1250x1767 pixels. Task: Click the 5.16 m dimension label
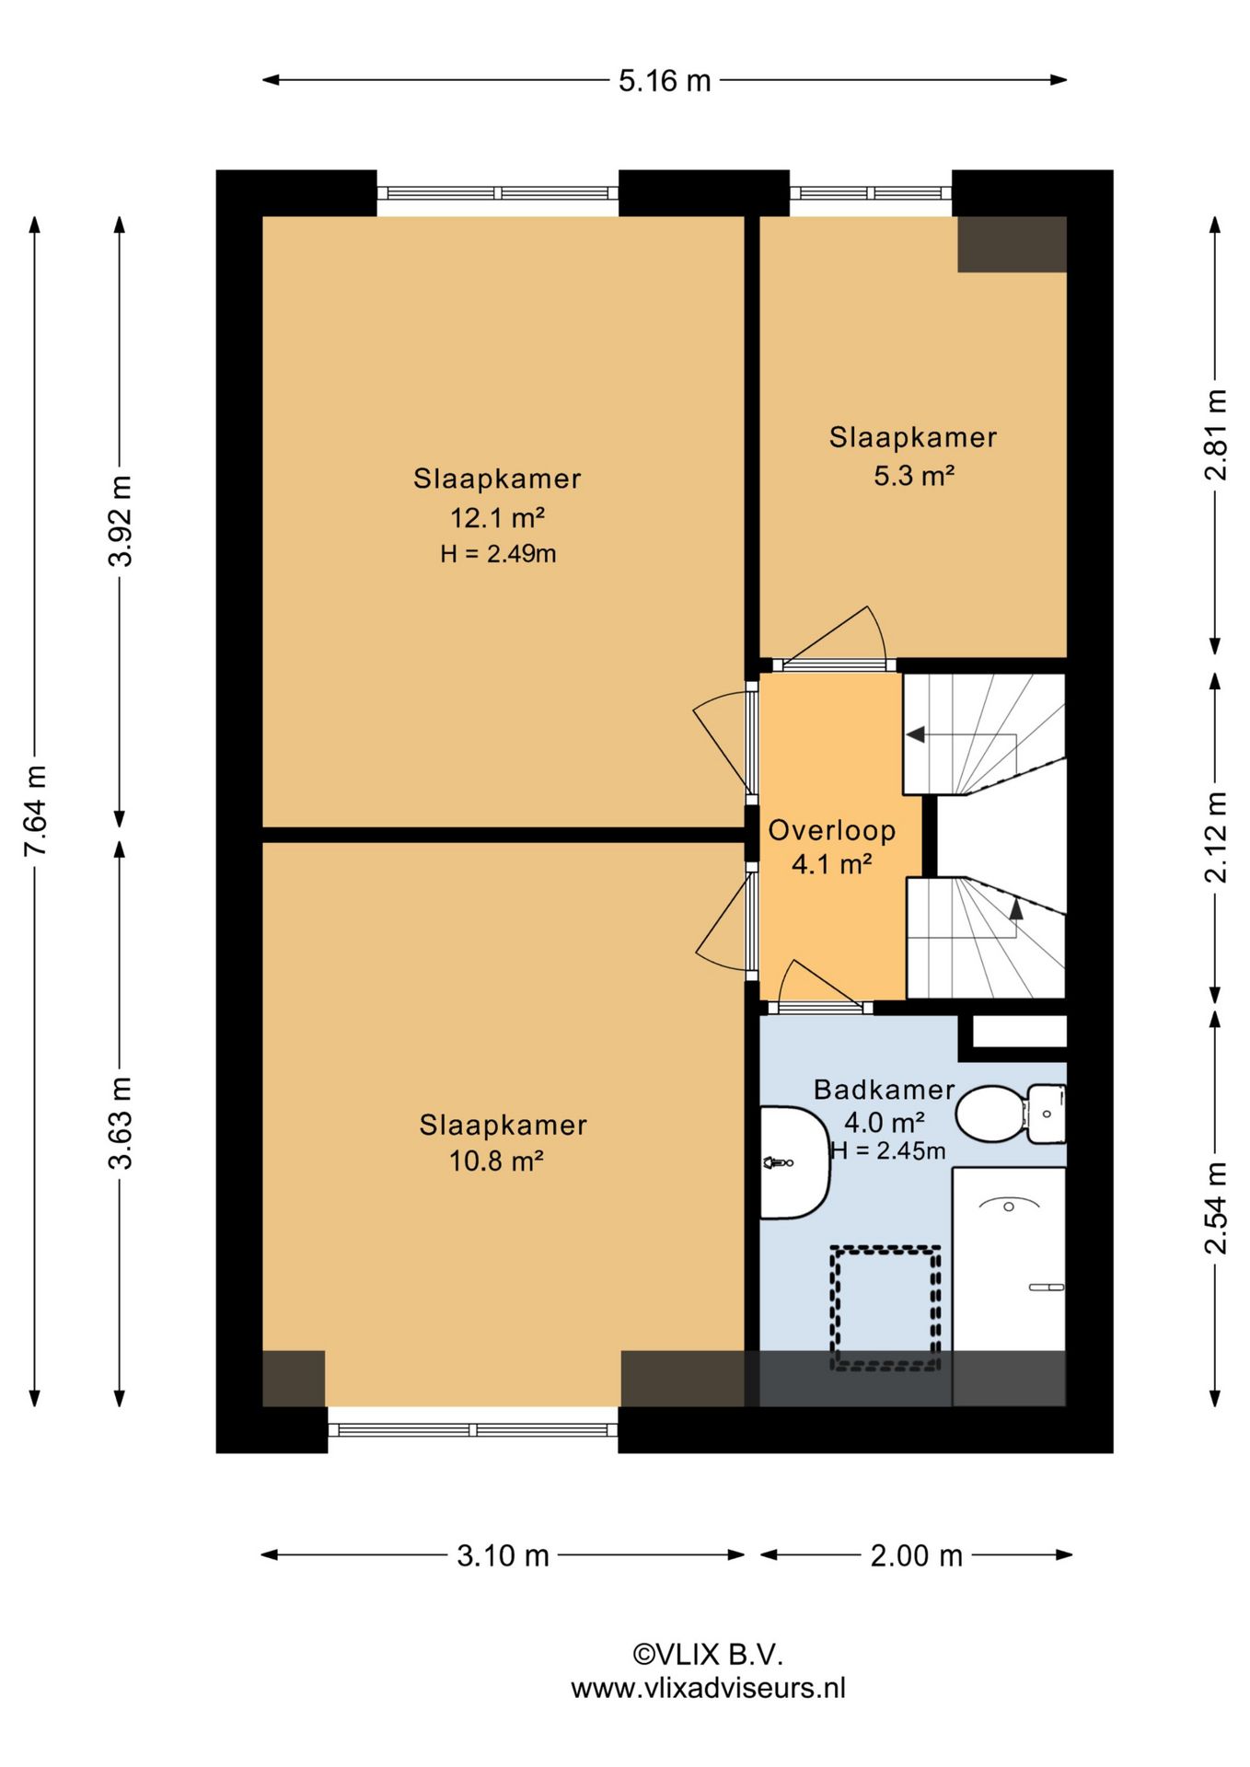click(x=665, y=81)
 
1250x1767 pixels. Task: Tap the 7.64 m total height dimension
click(x=35, y=811)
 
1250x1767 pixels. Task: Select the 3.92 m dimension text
click(x=120, y=521)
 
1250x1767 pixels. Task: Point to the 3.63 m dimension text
click(x=120, y=1122)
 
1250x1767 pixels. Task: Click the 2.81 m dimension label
click(x=1216, y=434)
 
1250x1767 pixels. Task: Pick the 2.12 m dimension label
click(x=1216, y=837)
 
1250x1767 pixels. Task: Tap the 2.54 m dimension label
click(x=1216, y=1208)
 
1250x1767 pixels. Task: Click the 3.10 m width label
click(x=503, y=1555)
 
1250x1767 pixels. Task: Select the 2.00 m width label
click(x=916, y=1555)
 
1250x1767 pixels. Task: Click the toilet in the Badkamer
click(x=1011, y=1114)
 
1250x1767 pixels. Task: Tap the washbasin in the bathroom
click(x=793, y=1162)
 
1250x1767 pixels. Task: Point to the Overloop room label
click(x=832, y=830)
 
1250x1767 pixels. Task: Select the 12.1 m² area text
click(x=497, y=517)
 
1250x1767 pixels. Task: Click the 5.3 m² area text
click(x=913, y=476)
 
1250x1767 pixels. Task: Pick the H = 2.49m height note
click(x=498, y=553)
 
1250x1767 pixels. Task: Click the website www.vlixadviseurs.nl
click(x=708, y=1687)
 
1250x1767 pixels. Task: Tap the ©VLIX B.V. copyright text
click(x=708, y=1654)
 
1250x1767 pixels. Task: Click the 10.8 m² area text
click(x=496, y=1161)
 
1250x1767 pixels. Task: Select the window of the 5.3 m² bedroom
click(x=871, y=193)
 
